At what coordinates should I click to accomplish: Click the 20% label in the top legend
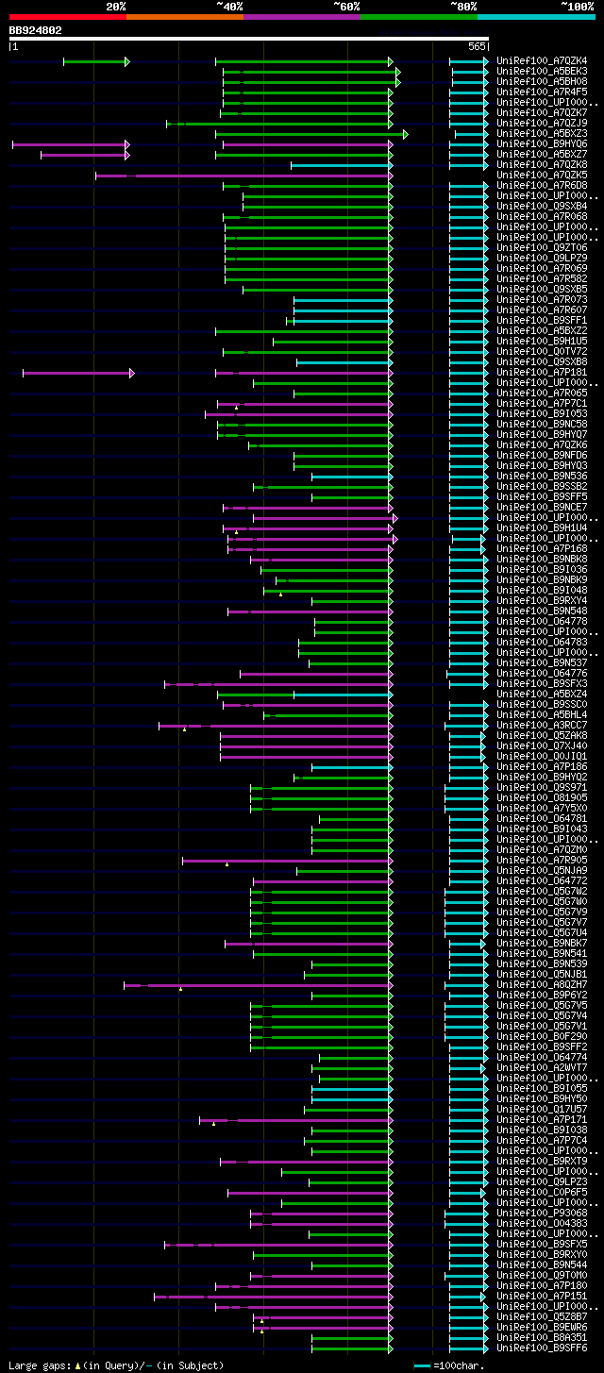[115, 6]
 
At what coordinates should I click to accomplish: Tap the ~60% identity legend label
[346, 6]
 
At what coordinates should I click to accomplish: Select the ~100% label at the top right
[577, 6]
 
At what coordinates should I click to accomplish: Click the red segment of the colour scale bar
[67, 16]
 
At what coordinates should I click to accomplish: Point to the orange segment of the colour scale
[184, 16]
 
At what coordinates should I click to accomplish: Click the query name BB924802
[36, 30]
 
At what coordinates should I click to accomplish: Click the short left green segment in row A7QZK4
[94, 61]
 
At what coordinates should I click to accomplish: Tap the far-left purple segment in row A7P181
[76, 373]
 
